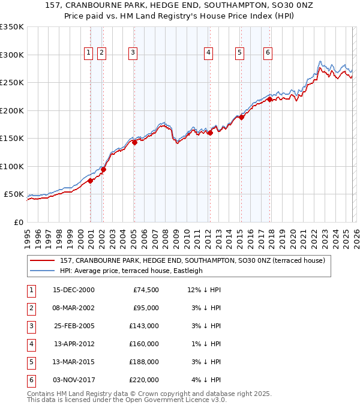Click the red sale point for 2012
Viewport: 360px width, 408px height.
[210, 133]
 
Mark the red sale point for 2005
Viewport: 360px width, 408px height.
[134, 142]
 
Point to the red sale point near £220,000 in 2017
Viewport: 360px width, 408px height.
[269, 100]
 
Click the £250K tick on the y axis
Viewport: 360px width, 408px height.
[12, 83]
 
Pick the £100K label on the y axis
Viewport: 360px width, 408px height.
[12, 166]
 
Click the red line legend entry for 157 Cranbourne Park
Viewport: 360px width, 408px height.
[192, 260]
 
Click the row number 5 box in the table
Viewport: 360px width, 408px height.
[30, 362]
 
